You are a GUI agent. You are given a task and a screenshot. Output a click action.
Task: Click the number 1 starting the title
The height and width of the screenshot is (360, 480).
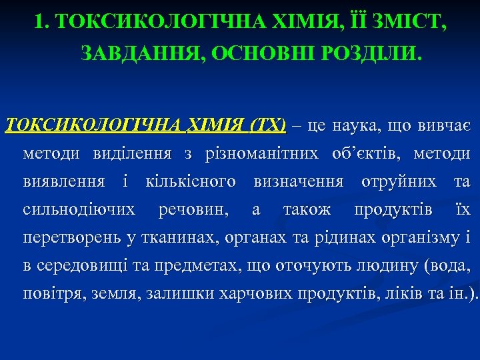tap(40, 22)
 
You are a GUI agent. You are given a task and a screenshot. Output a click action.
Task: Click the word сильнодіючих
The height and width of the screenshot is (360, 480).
tap(79, 209)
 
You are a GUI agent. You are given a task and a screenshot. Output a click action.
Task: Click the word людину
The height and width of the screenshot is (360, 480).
tap(390, 265)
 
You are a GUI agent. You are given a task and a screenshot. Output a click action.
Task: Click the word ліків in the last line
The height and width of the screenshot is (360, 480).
tap(402, 293)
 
